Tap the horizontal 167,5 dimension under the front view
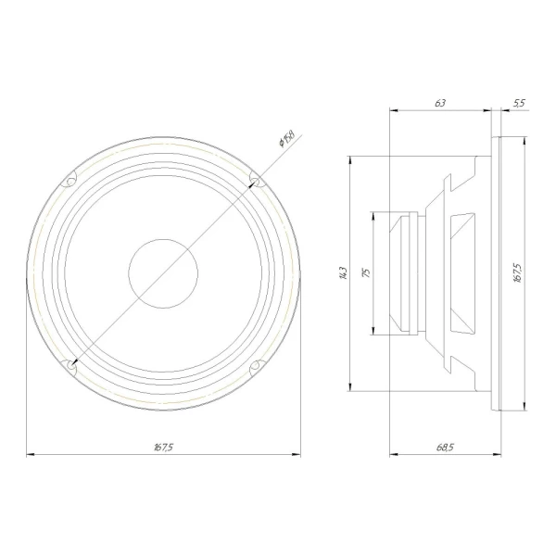163,448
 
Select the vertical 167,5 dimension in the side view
517,272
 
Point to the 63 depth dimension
439,103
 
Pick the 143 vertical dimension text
343,272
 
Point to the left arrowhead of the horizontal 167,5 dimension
29,455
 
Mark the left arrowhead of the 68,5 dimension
393,455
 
